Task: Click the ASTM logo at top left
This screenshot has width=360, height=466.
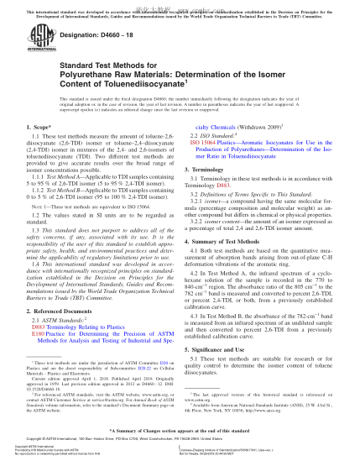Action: pos(29,38)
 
